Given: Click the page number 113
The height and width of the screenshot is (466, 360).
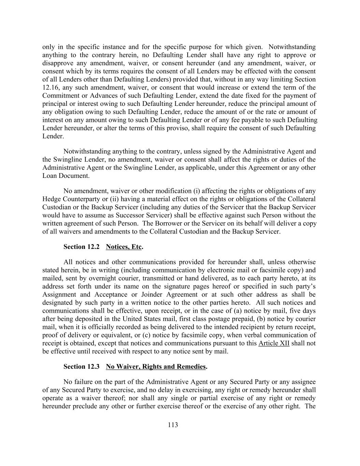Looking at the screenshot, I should [x=173, y=425].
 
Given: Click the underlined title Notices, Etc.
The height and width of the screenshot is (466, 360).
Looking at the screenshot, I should [x=124, y=247].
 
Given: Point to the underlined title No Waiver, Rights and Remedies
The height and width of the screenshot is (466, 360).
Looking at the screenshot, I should [x=156, y=367].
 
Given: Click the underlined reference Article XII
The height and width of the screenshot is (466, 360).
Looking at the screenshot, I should [x=274, y=343].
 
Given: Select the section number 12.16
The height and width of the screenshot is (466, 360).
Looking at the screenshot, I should [x=50, y=87].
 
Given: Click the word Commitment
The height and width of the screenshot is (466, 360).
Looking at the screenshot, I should [x=60, y=96].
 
